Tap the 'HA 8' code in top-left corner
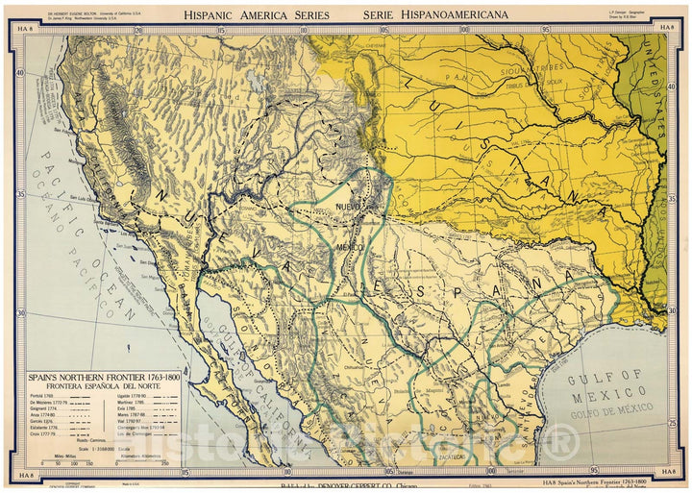[x=25, y=27]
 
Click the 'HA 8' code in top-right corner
[x=667, y=27]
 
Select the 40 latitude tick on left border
[x=19, y=73]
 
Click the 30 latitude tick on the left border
[x=19, y=313]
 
